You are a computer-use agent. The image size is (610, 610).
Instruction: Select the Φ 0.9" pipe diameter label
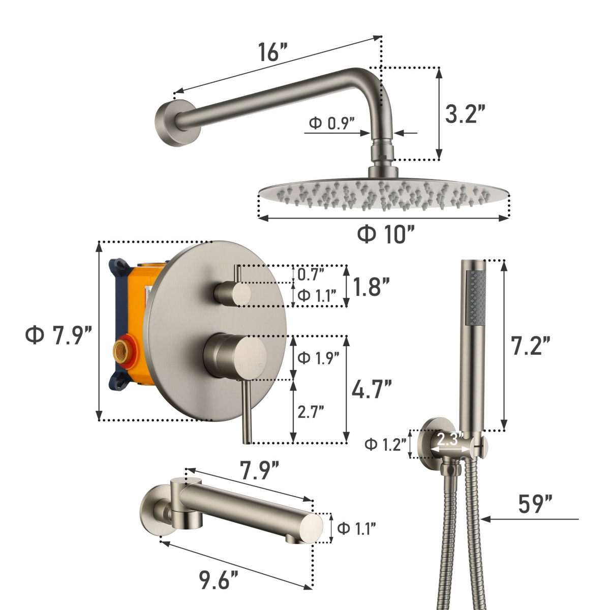(x=331, y=123)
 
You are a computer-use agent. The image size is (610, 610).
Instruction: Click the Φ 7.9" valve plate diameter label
(x=58, y=336)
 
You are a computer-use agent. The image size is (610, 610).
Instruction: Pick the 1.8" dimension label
(x=371, y=287)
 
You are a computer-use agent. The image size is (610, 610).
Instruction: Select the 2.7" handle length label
(x=311, y=412)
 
